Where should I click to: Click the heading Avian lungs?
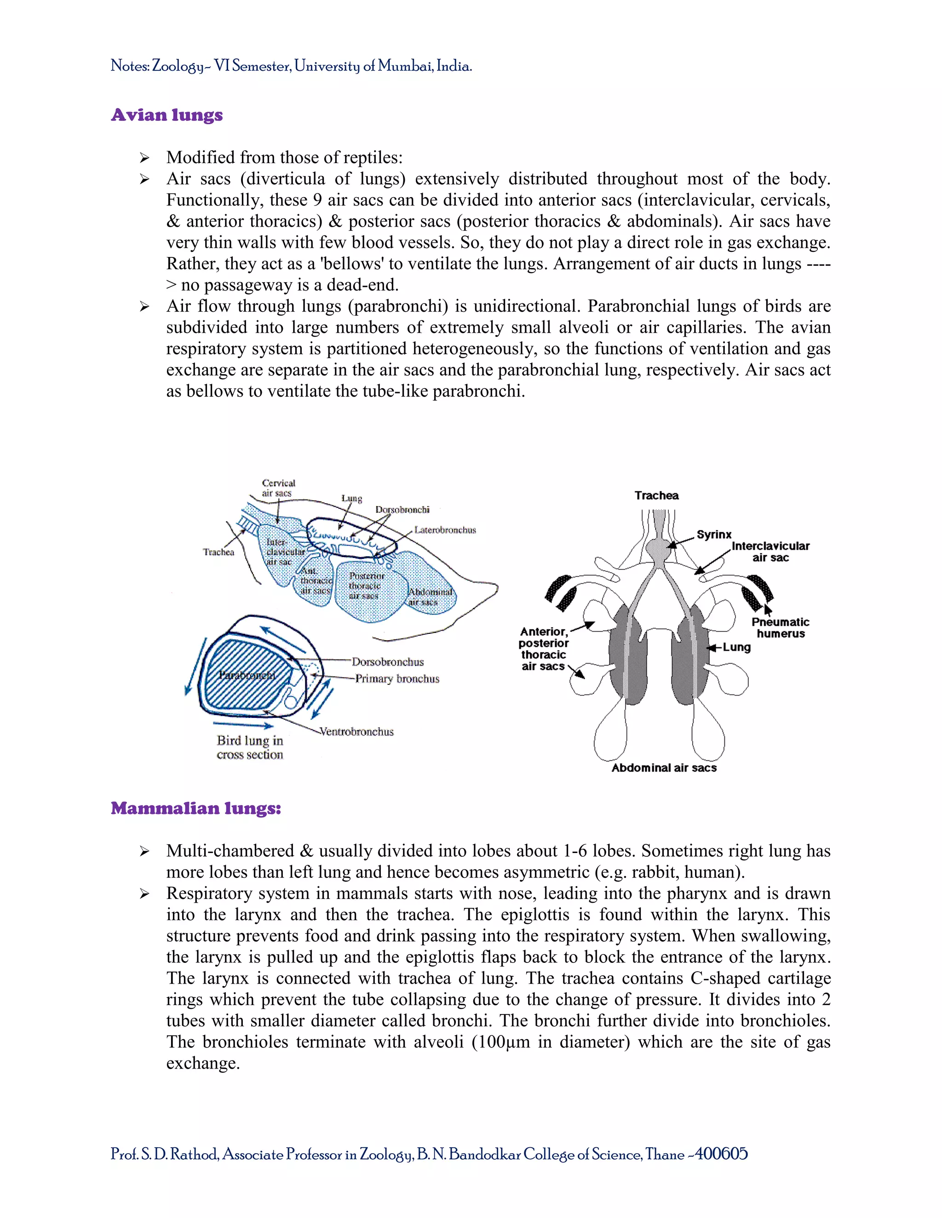[x=167, y=115]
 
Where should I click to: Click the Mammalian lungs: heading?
[x=196, y=808]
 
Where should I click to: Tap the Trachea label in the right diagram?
[x=656, y=495]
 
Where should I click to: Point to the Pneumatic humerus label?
[x=780, y=627]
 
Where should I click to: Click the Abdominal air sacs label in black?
[x=664, y=768]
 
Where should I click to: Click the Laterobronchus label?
[x=445, y=530]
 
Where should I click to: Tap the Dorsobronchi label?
[x=402, y=510]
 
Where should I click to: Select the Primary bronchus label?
[x=397, y=679]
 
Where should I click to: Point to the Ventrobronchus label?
[x=356, y=732]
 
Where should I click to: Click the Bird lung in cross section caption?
[x=250, y=747]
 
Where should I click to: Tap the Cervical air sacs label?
[x=278, y=488]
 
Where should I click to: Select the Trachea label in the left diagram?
[x=218, y=552]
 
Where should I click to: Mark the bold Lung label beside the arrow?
[x=737, y=647]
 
